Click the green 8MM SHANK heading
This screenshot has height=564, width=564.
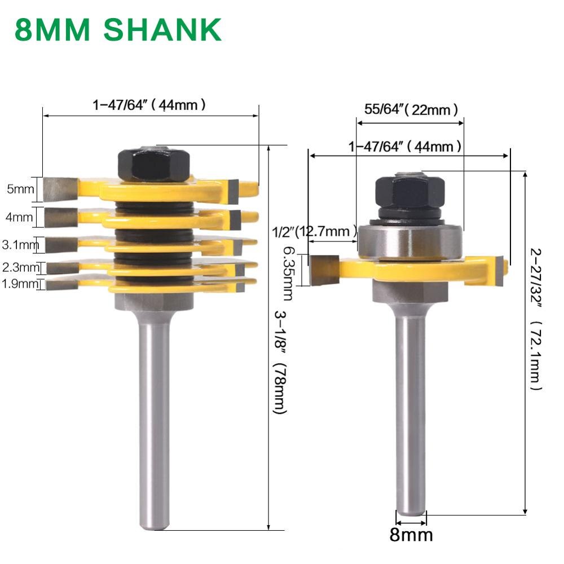(x=118, y=29)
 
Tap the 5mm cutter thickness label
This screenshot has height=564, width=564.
(x=20, y=190)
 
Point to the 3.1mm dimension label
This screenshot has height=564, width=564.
(x=19, y=245)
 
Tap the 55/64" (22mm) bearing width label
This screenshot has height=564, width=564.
(x=411, y=109)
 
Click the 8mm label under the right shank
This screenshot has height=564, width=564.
(x=411, y=534)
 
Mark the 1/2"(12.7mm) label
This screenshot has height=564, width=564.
(x=314, y=231)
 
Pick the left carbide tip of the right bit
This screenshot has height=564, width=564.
(x=324, y=270)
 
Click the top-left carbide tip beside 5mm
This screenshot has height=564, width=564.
(x=59, y=188)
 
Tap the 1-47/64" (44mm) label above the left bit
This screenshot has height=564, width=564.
(x=149, y=104)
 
